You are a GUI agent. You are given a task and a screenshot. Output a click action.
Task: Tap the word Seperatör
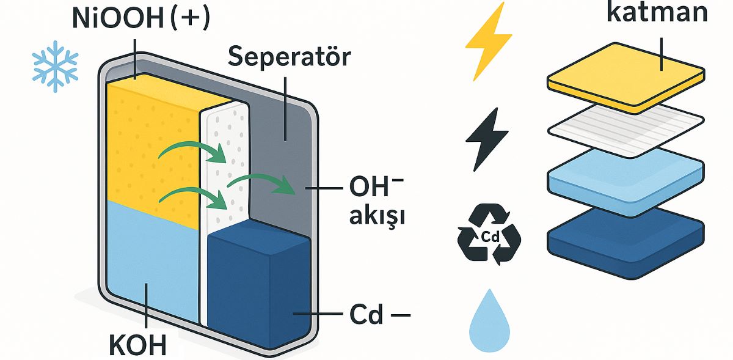click(290, 56)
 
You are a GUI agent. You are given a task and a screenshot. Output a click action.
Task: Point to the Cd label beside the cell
click(366, 316)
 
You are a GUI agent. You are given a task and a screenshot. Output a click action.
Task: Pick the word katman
click(657, 13)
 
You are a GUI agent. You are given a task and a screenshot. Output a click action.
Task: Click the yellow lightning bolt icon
click(488, 41)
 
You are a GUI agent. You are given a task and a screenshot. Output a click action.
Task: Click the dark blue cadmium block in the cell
click(260, 281)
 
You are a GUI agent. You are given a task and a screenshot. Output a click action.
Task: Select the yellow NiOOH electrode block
click(153, 147)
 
